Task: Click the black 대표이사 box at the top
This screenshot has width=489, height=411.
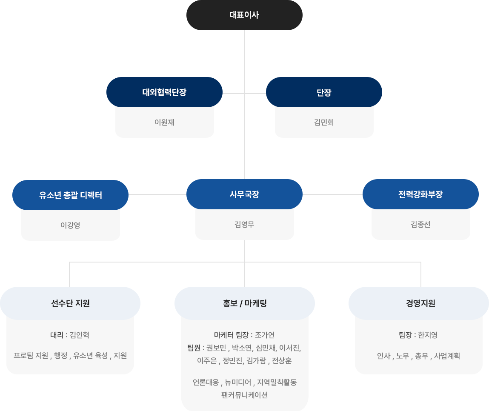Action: [x=244, y=15]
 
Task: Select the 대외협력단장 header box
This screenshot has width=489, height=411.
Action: [x=164, y=92]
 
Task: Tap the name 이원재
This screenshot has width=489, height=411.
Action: [x=164, y=123]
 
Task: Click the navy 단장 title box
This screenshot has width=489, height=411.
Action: [x=323, y=92]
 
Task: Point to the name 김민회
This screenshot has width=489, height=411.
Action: [x=324, y=123]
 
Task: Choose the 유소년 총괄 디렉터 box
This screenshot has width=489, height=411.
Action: [x=70, y=195]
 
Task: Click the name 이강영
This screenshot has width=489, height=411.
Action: [x=70, y=225]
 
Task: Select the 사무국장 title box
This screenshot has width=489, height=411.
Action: [x=244, y=194]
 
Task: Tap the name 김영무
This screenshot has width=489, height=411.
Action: [x=244, y=225]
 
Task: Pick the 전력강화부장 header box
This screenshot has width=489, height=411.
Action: [x=420, y=194]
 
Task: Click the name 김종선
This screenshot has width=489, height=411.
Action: [x=420, y=225]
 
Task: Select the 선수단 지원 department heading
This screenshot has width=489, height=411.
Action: [x=70, y=303]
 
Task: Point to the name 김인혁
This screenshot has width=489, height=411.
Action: [x=79, y=335]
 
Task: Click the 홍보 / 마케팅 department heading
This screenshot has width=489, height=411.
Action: [x=244, y=303]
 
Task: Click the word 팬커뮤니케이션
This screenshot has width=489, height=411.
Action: [x=244, y=395]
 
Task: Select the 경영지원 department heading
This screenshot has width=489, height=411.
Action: [x=420, y=303]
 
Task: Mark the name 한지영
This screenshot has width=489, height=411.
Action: [x=428, y=335]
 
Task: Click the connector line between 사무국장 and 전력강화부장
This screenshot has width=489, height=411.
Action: [x=332, y=194]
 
